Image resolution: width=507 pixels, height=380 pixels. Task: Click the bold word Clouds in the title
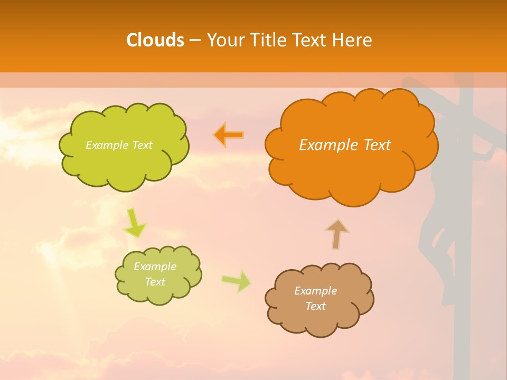(155, 40)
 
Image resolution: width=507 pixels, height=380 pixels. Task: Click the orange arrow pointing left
(229, 135)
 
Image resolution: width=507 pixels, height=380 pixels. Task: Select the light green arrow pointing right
(237, 281)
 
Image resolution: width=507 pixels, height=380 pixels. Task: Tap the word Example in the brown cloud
(315, 290)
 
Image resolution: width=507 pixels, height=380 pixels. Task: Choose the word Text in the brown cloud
(315, 306)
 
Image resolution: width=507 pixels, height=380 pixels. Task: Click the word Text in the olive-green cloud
(155, 282)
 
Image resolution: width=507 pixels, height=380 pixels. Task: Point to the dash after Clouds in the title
(194, 41)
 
